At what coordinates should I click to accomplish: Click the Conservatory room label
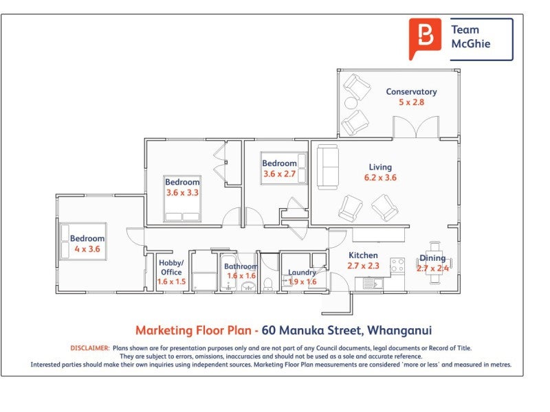pyautogui.click(x=411, y=92)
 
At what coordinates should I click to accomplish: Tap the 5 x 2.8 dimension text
pyautogui.click(x=411, y=102)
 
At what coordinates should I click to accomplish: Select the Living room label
pyautogui.click(x=380, y=168)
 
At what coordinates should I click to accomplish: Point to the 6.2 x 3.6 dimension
pyautogui.click(x=380, y=178)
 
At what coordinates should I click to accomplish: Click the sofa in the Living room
pyautogui.click(x=328, y=167)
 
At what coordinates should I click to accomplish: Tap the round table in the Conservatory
pyautogui.click(x=351, y=103)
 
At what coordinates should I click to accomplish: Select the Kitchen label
pyautogui.click(x=363, y=255)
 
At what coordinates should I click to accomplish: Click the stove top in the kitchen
pyautogui.click(x=397, y=265)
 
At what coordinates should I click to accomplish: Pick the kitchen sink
pyautogui.click(x=369, y=283)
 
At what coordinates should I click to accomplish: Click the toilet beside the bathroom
pyautogui.click(x=268, y=284)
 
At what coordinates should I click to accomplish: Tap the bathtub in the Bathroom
pyautogui.click(x=228, y=273)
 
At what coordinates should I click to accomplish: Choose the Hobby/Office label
pyautogui.click(x=171, y=267)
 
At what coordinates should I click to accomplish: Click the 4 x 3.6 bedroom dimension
pyautogui.click(x=87, y=249)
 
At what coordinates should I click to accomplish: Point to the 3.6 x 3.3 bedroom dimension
pyautogui.click(x=182, y=193)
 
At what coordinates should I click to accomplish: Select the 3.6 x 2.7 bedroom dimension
pyautogui.click(x=280, y=174)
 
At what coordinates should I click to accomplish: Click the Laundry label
pyautogui.click(x=302, y=272)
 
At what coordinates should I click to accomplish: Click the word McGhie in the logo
pyautogui.click(x=471, y=44)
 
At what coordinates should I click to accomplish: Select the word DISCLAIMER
pyautogui.click(x=90, y=348)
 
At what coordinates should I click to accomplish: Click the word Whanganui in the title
pyautogui.click(x=399, y=330)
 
